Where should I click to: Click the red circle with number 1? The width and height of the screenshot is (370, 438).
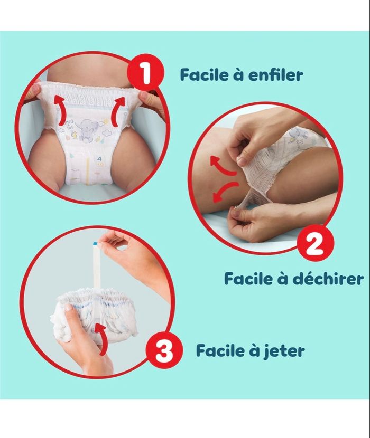tap(145, 73)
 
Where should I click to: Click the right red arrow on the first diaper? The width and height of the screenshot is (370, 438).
tap(117, 110)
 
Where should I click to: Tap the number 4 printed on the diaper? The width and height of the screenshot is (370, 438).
tap(99, 159)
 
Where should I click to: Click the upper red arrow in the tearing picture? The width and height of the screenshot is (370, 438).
tap(224, 166)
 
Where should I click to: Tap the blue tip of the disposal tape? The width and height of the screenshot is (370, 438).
tap(95, 244)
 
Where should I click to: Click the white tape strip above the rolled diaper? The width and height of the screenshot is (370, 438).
tap(97, 265)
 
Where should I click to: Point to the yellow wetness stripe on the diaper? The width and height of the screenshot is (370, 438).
tap(88, 168)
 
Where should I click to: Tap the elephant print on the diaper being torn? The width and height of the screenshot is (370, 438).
tap(295, 134)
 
